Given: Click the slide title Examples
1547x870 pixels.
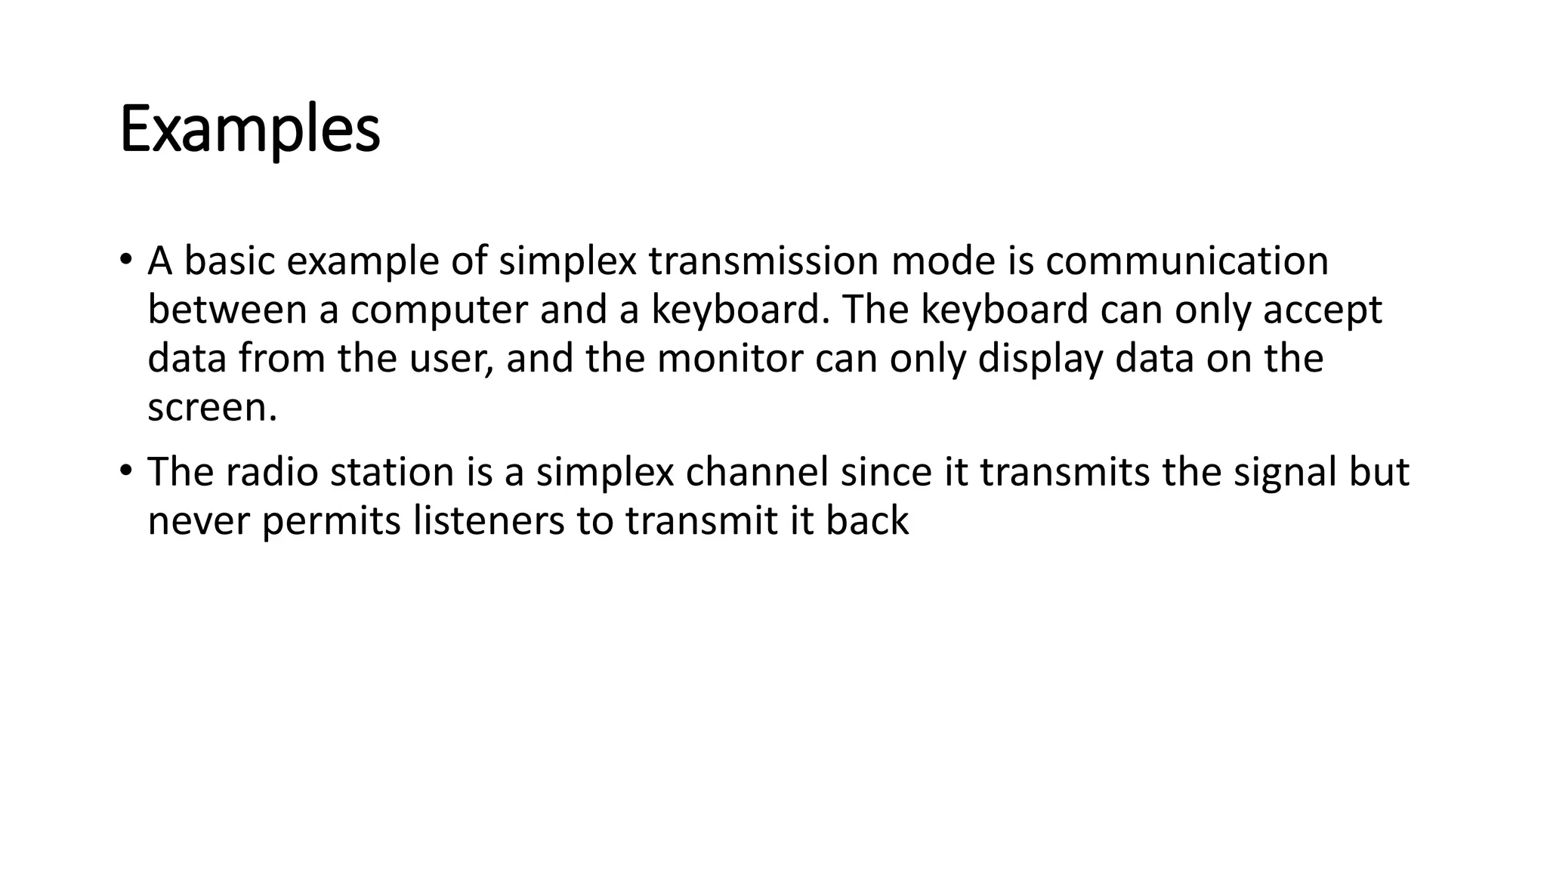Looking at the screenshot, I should click(x=249, y=130).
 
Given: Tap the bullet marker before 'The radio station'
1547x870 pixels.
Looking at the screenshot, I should click(x=125, y=471).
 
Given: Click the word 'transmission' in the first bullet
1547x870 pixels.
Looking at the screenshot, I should click(x=763, y=261).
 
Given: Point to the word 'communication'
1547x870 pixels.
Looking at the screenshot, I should click(x=1187, y=261).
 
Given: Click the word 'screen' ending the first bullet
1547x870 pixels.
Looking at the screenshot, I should click(x=207, y=408).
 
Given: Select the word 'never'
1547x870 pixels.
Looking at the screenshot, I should click(x=199, y=521).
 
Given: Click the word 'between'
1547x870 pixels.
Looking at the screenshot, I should click(x=227, y=310).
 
